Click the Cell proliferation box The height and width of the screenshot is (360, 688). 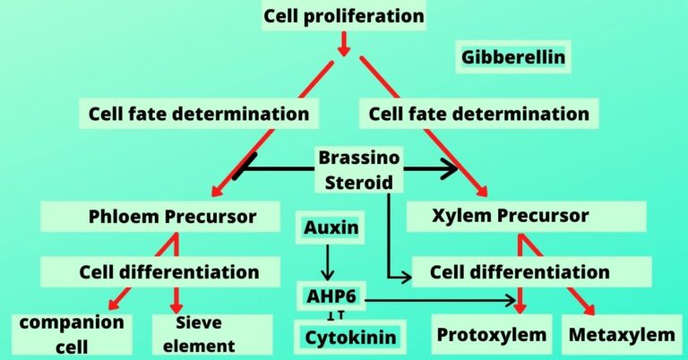(x=343, y=16)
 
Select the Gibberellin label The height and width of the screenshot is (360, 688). (x=513, y=59)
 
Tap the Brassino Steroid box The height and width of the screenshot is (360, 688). (x=359, y=169)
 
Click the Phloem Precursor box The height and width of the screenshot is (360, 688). (x=172, y=216)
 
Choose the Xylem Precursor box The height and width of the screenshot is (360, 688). (x=523, y=216)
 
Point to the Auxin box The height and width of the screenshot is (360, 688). (x=331, y=228)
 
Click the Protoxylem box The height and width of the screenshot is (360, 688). (x=491, y=335)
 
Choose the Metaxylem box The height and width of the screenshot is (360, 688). (x=622, y=335)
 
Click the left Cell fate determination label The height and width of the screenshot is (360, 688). (x=199, y=114)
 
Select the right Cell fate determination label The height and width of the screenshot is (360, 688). (x=479, y=114)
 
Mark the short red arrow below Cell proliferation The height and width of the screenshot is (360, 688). (x=343, y=43)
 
